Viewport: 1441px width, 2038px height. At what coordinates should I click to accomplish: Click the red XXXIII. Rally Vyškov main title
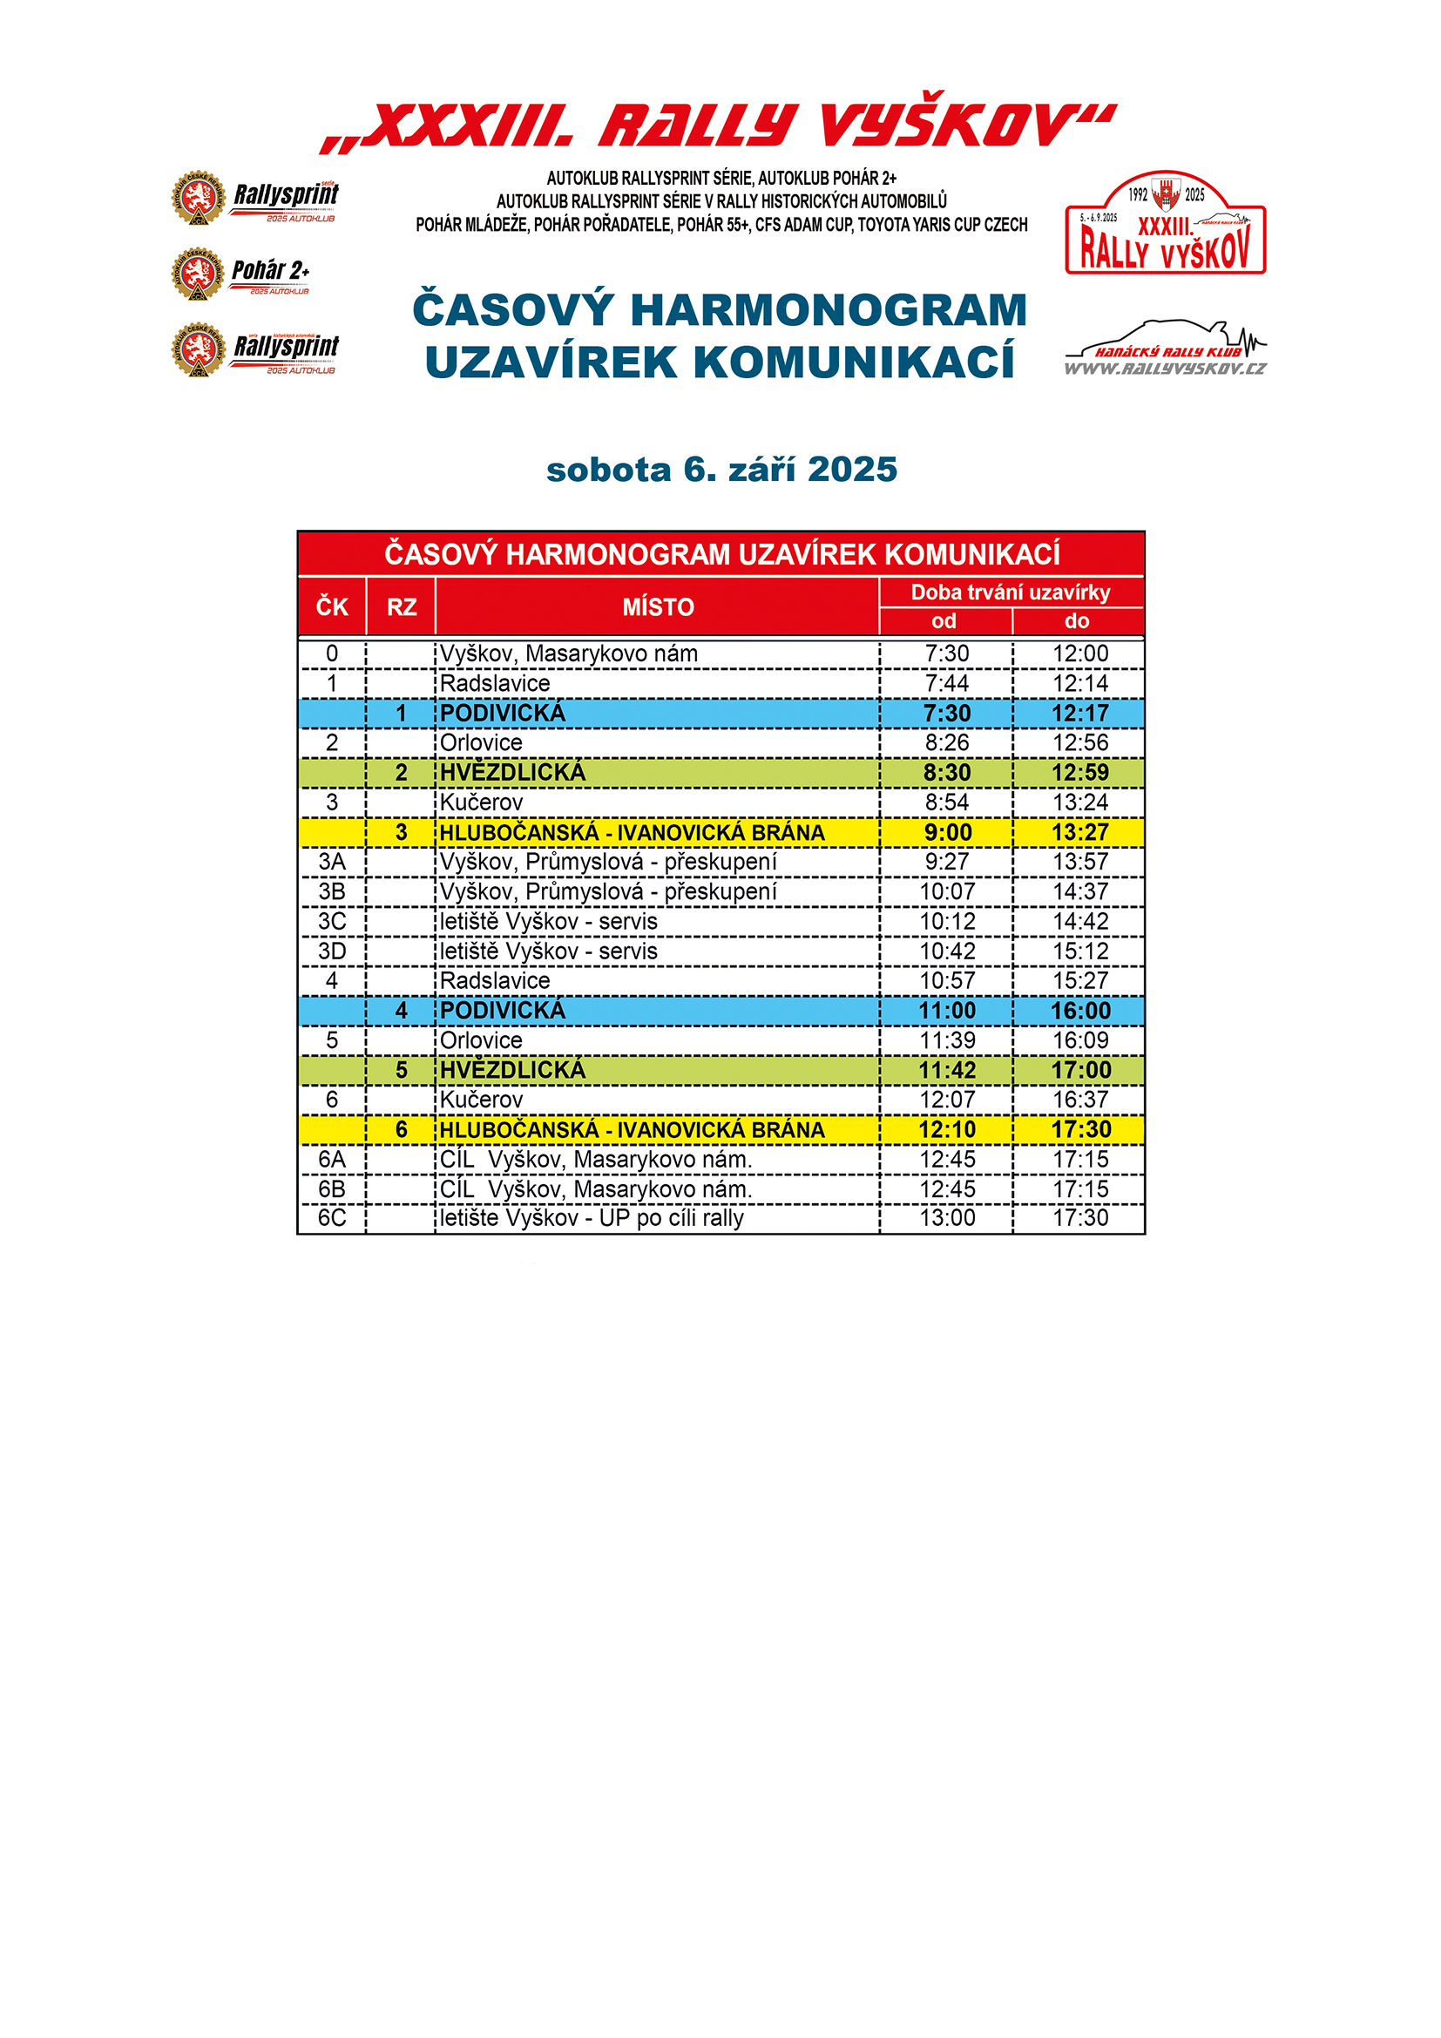click(719, 125)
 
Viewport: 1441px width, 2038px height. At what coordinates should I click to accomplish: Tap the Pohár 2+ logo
click(240, 274)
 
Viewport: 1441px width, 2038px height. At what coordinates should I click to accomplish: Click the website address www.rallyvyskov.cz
click(1165, 369)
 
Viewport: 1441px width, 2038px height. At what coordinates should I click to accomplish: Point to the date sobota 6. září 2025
click(721, 470)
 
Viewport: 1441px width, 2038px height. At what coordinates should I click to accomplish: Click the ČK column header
click(332, 607)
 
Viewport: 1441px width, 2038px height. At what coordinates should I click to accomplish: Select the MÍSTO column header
click(658, 607)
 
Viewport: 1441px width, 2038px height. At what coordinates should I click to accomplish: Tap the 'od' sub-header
click(944, 621)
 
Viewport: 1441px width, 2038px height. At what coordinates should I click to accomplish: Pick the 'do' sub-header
click(1077, 621)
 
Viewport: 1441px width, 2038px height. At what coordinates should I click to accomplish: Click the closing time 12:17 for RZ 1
click(1079, 713)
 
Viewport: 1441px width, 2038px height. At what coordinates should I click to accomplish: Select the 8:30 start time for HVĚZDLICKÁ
click(947, 772)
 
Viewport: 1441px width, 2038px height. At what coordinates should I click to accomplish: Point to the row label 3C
click(332, 921)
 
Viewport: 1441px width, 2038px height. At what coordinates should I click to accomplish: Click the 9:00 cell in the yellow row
click(947, 833)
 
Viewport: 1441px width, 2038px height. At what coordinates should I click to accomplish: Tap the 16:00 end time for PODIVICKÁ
click(1079, 1010)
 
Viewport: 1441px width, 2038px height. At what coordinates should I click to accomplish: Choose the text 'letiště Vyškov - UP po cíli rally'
click(592, 1218)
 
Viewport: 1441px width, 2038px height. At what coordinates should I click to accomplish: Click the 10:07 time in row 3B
click(947, 891)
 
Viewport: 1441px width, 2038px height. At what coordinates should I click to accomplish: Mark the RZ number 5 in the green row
click(401, 1070)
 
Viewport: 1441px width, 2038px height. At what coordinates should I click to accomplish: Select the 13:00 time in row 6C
click(947, 1218)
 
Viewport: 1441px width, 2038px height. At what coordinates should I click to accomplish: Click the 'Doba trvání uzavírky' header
click(1011, 592)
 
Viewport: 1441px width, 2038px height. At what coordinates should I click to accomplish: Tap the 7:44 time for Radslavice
click(947, 683)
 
